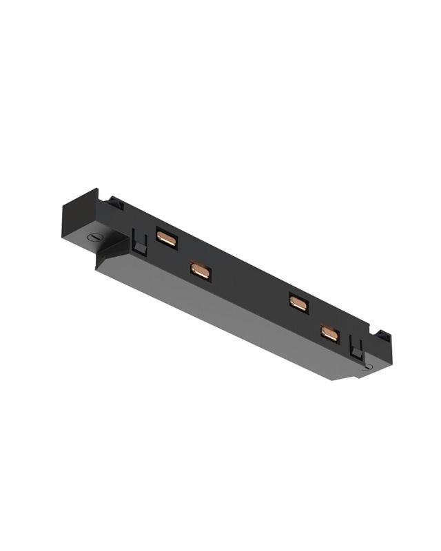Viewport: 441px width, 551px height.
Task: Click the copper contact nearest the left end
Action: tap(165, 238)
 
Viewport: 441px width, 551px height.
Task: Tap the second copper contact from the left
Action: tap(200, 271)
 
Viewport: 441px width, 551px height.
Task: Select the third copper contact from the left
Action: tap(298, 302)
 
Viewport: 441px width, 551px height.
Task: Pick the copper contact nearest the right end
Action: tap(329, 334)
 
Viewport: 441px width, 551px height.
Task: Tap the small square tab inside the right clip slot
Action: tap(357, 352)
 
